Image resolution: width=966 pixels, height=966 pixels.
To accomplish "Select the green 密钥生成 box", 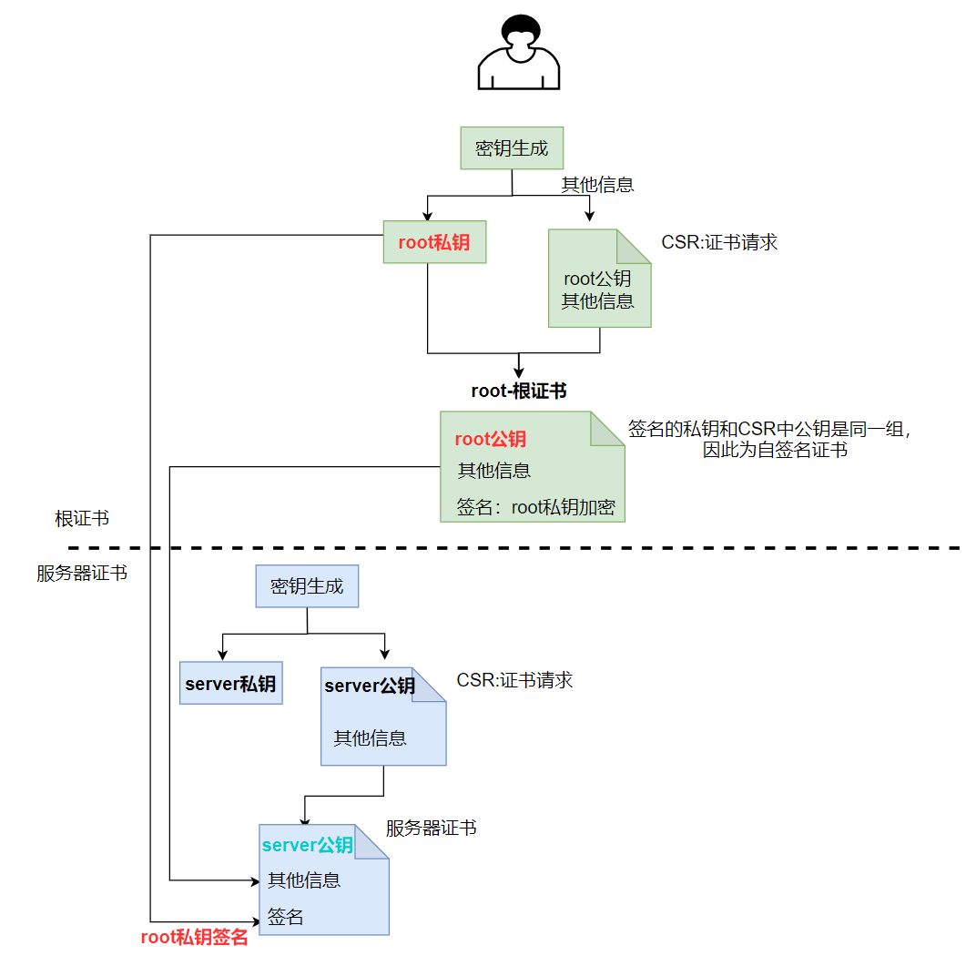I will point(512,147).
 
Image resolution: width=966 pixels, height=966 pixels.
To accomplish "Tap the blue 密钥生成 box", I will point(307,585).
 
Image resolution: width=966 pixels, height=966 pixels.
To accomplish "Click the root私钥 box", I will point(434,242).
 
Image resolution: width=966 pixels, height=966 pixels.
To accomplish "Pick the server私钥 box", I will point(230,684).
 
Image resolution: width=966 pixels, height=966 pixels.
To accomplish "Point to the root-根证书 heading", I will point(519,391).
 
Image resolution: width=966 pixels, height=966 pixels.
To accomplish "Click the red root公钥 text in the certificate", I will point(490,440).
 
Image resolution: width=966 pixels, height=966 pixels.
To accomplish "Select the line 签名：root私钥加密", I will point(535,507).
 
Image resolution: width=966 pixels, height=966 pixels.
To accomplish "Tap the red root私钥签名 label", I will point(194,937).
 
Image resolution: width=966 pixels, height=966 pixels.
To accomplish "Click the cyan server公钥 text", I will point(307,845).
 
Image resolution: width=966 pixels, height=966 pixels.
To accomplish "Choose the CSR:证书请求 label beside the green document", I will point(719,243).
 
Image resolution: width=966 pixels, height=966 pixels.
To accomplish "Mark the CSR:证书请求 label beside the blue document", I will point(514,680).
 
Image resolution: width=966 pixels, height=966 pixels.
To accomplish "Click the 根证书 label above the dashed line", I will point(82,519).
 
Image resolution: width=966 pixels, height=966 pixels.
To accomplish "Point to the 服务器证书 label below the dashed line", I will point(82,574).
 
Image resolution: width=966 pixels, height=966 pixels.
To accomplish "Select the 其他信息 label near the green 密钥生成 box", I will point(597,185).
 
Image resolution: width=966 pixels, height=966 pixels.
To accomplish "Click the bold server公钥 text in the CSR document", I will point(370,686).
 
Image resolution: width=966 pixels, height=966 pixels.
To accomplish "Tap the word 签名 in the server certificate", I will point(286,917).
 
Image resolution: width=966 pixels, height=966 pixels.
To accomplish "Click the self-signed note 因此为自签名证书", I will point(775,450).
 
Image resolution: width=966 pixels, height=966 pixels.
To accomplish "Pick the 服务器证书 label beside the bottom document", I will point(431,828).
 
